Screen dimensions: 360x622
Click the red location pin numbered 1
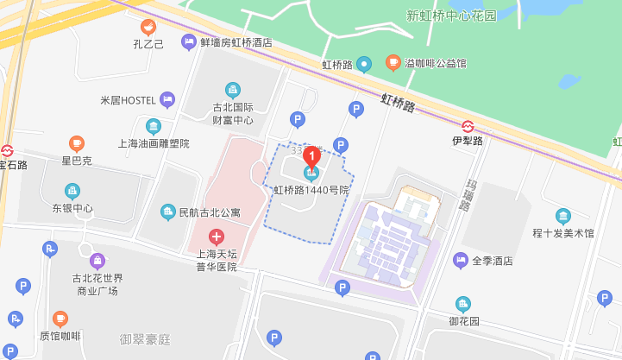(x=311, y=156)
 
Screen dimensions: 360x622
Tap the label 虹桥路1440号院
(x=311, y=190)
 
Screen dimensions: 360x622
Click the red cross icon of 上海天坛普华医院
(x=216, y=236)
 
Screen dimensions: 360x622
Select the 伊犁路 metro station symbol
(x=468, y=126)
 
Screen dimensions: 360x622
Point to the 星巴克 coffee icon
(x=76, y=143)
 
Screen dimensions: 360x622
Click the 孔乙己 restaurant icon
(x=148, y=27)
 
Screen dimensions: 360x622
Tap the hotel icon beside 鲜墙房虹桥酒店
(x=188, y=41)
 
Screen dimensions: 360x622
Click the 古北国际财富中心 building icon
(x=233, y=90)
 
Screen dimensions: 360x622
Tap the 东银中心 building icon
(x=72, y=191)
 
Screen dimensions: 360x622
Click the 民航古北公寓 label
(x=209, y=212)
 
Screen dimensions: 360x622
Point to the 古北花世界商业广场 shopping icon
(x=97, y=260)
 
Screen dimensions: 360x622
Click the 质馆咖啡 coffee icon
(x=60, y=319)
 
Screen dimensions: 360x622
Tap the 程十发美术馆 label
(x=563, y=233)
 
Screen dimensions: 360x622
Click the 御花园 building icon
(x=464, y=304)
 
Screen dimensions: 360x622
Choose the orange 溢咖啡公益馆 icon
(x=393, y=63)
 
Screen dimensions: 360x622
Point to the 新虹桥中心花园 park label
(x=452, y=15)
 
